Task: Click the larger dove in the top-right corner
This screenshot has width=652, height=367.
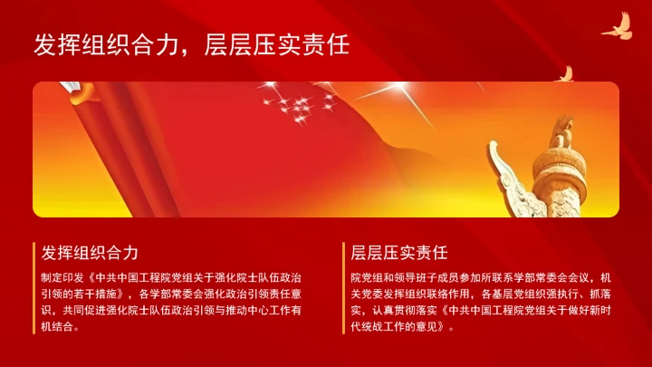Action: pos(617,26)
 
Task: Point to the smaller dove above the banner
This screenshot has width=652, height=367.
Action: pos(564,73)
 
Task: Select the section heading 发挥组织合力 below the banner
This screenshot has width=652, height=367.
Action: pos(90,252)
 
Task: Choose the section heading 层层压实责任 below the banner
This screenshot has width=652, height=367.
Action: pos(399,252)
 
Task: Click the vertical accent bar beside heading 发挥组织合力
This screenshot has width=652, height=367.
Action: pos(34,252)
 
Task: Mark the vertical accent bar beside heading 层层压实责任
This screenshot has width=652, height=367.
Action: pos(344,252)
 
